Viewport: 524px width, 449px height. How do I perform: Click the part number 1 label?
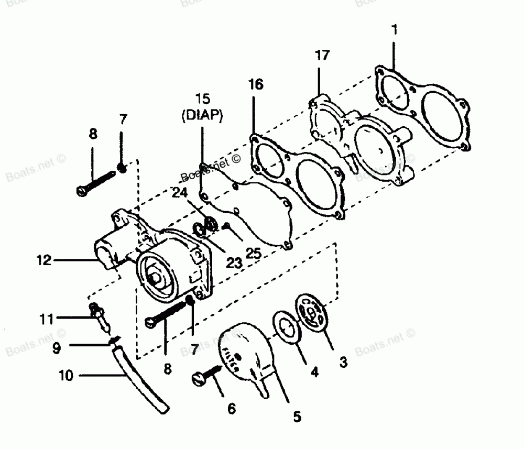pyautogui.click(x=394, y=30)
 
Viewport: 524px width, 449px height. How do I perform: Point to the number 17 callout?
pyautogui.click(x=322, y=54)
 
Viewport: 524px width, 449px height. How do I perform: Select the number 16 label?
pyautogui.click(x=256, y=84)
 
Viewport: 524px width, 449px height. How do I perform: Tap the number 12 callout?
pyautogui.click(x=45, y=260)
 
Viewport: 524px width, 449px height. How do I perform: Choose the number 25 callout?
pyautogui.click(x=253, y=253)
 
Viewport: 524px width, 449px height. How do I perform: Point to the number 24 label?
pyautogui.click(x=180, y=192)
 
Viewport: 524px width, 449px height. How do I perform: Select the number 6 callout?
pyautogui.click(x=232, y=407)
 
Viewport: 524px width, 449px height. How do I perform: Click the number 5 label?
pyautogui.click(x=297, y=417)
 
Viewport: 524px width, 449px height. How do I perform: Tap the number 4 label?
pyautogui.click(x=314, y=373)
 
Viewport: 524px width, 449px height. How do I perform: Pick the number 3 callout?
pyautogui.click(x=343, y=362)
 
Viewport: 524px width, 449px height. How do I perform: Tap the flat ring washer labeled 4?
pyautogui.click(x=286, y=329)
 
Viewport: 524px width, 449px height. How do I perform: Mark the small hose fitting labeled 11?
pyautogui.click(x=99, y=316)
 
